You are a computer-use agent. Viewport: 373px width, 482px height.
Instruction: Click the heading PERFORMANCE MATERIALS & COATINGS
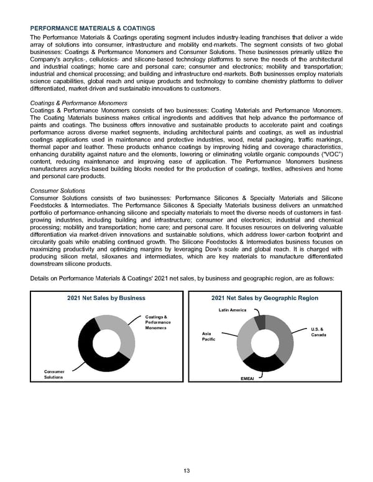click(x=93, y=29)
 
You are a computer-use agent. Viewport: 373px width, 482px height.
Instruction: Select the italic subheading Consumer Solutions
click(x=57, y=191)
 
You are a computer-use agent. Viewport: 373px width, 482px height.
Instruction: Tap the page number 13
click(x=186, y=470)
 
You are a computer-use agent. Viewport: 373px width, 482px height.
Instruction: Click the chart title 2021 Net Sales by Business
click(x=106, y=298)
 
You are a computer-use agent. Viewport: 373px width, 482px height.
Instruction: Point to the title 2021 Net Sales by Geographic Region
click(x=265, y=298)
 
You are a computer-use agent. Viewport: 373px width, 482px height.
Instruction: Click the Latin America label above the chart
click(x=232, y=309)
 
